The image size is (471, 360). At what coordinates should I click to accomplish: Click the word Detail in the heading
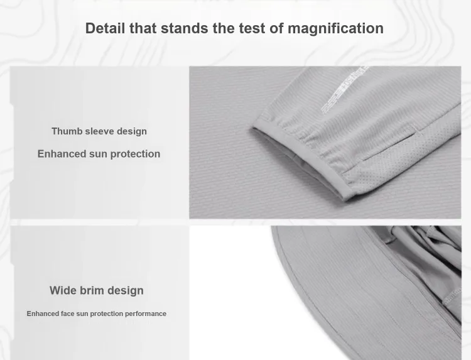click(x=105, y=28)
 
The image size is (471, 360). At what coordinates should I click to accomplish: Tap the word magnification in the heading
click(x=335, y=29)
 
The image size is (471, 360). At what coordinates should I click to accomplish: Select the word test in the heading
click(x=252, y=28)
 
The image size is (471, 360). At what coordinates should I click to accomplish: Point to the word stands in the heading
click(x=185, y=28)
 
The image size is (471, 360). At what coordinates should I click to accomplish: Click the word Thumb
click(x=67, y=131)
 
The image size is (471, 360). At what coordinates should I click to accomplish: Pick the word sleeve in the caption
click(x=99, y=131)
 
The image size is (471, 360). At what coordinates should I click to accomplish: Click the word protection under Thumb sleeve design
click(x=135, y=154)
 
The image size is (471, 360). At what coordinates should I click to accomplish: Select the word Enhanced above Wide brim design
click(x=62, y=153)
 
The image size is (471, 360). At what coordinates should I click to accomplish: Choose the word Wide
click(x=63, y=290)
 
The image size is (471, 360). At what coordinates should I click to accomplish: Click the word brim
click(x=92, y=290)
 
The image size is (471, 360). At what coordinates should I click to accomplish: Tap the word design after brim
click(x=126, y=291)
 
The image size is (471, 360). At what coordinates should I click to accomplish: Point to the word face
click(x=68, y=314)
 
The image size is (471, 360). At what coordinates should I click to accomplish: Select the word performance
click(x=146, y=314)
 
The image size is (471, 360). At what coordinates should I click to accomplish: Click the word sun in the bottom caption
click(x=82, y=314)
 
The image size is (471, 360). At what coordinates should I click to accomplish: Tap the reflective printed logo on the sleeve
click(x=344, y=89)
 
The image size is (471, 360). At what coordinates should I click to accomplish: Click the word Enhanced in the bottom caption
click(x=42, y=314)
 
